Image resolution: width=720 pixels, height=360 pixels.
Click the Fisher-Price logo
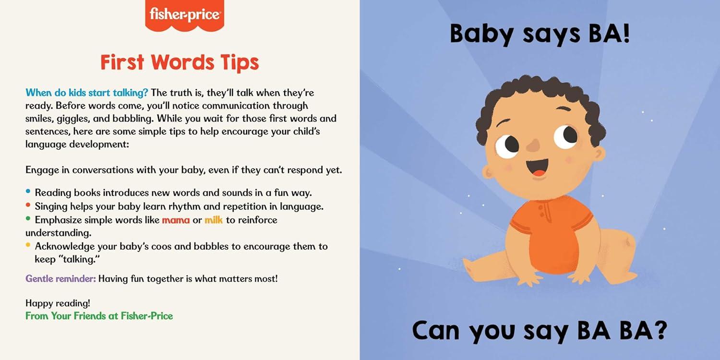pyautogui.click(x=184, y=15)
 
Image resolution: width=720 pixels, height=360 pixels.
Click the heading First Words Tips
pyautogui.click(x=180, y=62)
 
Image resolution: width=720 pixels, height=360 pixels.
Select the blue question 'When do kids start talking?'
pyautogui.click(x=87, y=93)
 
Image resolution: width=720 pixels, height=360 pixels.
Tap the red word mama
pyautogui.click(x=176, y=220)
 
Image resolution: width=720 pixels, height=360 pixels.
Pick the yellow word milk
pyautogui.click(x=214, y=220)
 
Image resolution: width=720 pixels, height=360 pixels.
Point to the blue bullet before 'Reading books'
pyautogui.click(x=28, y=191)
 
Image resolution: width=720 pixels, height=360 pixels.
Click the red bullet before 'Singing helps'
pyautogui.click(x=28, y=205)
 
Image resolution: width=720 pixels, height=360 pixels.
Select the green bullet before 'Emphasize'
pyautogui.click(x=28, y=218)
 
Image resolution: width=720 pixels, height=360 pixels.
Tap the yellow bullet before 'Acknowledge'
pyautogui.click(x=28, y=245)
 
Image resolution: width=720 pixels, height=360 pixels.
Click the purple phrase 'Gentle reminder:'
pyautogui.click(x=61, y=278)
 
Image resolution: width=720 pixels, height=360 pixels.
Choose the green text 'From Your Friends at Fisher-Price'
pyautogui.click(x=99, y=316)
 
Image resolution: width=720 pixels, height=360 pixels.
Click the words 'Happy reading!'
pyautogui.click(x=58, y=303)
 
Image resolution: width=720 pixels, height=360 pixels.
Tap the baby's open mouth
pyautogui.click(x=538, y=168)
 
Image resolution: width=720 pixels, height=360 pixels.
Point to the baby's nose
pyautogui.click(x=534, y=145)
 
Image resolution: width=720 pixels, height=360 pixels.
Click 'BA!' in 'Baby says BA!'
pyautogui.click(x=609, y=34)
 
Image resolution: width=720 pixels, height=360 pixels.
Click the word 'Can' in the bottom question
pyautogui.click(x=436, y=330)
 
